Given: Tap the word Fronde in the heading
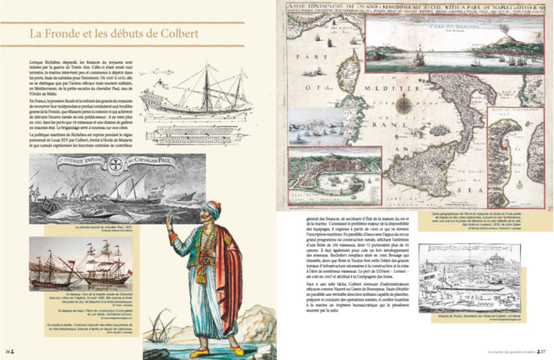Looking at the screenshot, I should coord(69,36).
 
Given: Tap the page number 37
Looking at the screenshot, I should coord(545,349).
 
